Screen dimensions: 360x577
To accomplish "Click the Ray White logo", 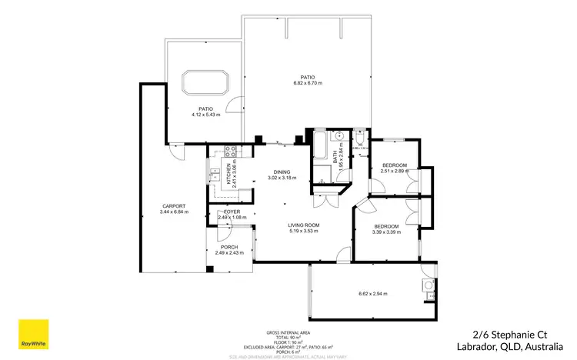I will click(34, 334).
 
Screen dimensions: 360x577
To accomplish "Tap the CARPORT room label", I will click(175, 205).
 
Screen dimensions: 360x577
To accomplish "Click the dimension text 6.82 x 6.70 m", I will click(307, 83).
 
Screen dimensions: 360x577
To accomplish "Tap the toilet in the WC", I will click(360, 138).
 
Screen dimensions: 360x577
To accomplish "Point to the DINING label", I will click(282, 172).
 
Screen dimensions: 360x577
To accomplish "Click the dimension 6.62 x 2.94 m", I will click(373, 293).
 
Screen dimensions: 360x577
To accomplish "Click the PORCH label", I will click(229, 247).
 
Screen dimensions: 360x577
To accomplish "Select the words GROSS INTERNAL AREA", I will click(288, 332).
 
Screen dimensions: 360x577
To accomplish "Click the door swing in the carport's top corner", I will click(178, 152).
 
